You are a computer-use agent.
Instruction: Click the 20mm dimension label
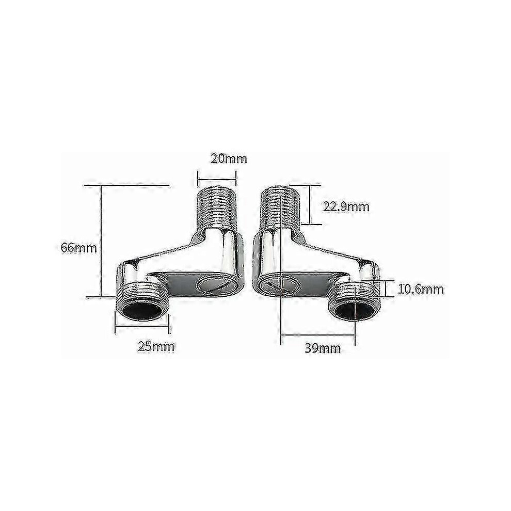coord(229,158)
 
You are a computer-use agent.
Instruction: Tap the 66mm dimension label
coord(79,248)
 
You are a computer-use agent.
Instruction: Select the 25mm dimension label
coord(156,346)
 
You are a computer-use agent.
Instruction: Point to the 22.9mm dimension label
coord(346,206)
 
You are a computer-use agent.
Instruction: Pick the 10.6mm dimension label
coord(421,289)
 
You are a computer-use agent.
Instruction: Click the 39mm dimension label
coord(323,348)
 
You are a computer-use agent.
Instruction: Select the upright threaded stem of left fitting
coord(216,208)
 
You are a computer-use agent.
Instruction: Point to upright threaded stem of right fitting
coord(280,208)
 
